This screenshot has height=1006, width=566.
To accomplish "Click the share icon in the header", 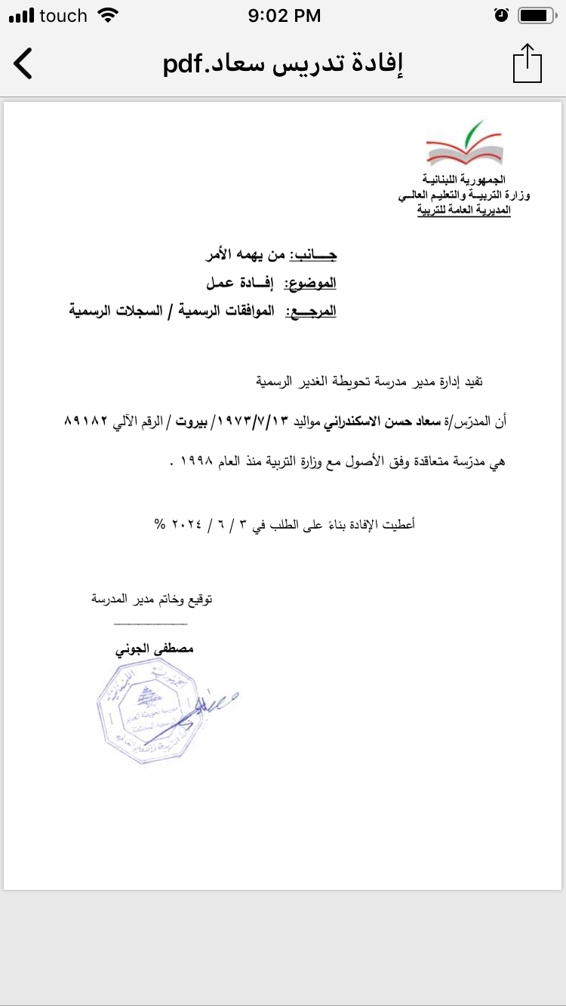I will (528, 63).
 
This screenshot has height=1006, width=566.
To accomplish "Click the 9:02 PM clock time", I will (284, 15).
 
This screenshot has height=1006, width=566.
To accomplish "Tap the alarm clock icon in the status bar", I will (500, 15).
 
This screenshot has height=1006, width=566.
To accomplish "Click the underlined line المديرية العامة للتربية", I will (463, 210).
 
